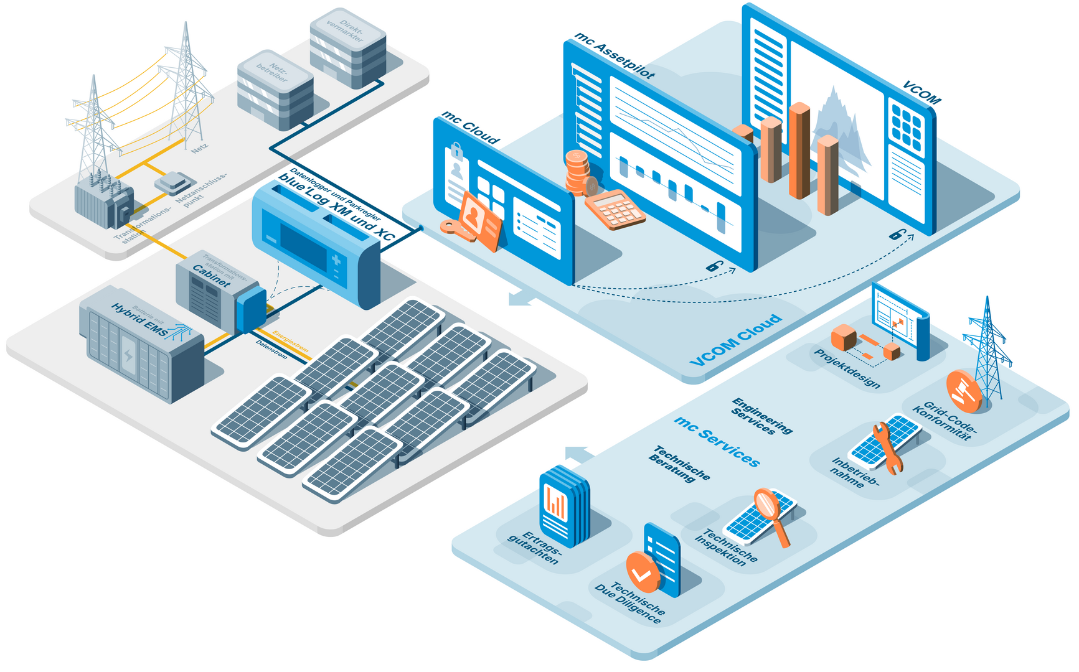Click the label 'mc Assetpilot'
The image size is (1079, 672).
click(x=614, y=56)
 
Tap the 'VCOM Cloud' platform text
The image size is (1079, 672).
click(x=735, y=340)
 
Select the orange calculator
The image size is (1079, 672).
click(x=614, y=209)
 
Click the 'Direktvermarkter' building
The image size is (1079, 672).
click(x=348, y=49)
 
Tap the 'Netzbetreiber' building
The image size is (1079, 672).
click(x=275, y=91)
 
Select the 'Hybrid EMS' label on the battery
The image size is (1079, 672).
click(x=139, y=320)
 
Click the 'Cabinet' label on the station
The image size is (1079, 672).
click(x=211, y=276)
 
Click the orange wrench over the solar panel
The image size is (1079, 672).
click(x=887, y=447)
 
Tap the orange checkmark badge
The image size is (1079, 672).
click(x=642, y=572)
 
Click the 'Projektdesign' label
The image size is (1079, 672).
click(x=847, y=368)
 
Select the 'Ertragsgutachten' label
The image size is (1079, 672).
click(x=535, y=548)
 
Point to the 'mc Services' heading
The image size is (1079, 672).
click(x=717, y=441)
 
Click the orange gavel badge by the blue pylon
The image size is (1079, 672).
click(x=963, y=391)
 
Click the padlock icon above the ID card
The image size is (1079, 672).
click(x=456, y=151)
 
